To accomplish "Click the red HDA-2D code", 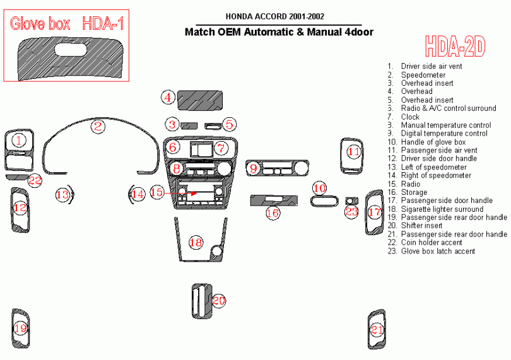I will tap(455, 45).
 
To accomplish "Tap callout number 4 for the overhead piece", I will tap(168, 97).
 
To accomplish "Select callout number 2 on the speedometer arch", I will tap(97, 126).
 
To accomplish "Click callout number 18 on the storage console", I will tap(196, 242).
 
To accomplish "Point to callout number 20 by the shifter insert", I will tap(218, 301).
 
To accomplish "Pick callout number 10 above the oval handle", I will tap(320, 188).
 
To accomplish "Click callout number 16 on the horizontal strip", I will tap(273, 213).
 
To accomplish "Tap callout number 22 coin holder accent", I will tap(35, 181).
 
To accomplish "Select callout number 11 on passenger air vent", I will tap(355, 152).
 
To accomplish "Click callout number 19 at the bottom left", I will tap(21, 328).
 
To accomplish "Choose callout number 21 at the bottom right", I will tap(377, 328).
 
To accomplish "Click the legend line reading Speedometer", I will tap(423, 74).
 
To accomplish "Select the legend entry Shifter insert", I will tap(421, 226).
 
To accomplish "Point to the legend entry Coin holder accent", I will tap(432, 242).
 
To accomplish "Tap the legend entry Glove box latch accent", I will tap(438, 251).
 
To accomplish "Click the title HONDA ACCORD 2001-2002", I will tap(276, 16).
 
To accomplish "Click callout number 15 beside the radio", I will tap(156, 192).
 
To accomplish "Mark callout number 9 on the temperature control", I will tap(254, 168).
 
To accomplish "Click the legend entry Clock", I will tap(410, 117).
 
